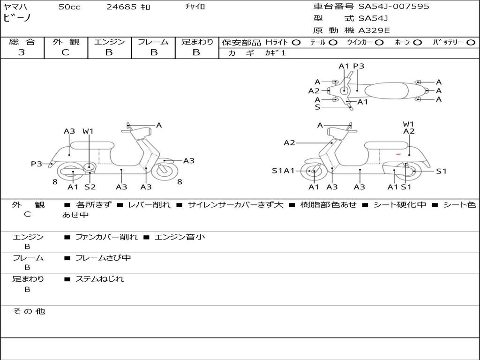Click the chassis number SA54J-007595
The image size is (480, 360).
click(394, 7)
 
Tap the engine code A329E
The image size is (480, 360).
click(374, 30)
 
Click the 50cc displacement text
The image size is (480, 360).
click(69, 7)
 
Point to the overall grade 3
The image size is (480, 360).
click(22, 52)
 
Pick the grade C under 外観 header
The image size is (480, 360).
click(65, 52)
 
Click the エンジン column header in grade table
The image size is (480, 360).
click(109, 42)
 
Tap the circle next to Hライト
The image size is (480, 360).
click(296, 43)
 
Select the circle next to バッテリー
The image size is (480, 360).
click(471, 43)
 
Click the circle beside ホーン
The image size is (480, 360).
click(417, 43)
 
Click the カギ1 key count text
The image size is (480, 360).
click(275, 53)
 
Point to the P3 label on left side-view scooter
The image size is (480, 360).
click(36, 164)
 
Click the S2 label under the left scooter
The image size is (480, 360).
click(90, 187)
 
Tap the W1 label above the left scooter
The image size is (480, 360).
click(88, 131)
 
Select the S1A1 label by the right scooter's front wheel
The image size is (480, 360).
click(283, 171)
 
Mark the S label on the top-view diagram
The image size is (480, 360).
click(317, 107)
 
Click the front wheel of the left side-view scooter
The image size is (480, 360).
click(165, 171)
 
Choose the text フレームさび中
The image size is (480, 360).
click(103, 258)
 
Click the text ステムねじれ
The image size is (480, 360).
click(99, 279)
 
